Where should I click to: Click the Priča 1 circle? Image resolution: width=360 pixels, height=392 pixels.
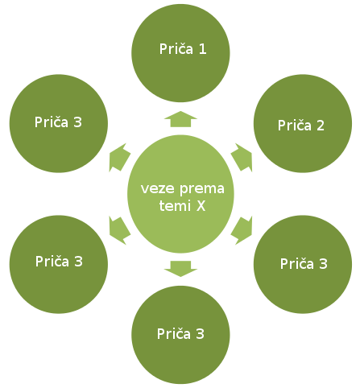pos(180,53)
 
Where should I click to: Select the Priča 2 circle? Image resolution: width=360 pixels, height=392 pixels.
pos(303,123)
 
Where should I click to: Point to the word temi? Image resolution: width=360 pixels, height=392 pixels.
pos(175,206)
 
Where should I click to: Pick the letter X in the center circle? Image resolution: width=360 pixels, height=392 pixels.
pos(201,206)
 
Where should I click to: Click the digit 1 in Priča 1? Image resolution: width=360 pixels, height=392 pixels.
pos(203,49)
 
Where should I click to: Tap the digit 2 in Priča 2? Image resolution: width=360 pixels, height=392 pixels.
pos(321,126)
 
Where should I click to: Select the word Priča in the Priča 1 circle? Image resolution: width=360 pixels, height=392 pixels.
pos(176,49)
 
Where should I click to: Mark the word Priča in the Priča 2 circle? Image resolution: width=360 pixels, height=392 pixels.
pos(295,126)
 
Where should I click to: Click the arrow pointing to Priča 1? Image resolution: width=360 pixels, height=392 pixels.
pos(180,119)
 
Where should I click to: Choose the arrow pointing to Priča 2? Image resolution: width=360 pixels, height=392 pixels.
pos(242,158)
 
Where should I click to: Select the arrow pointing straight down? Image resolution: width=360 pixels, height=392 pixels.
pos(180,269)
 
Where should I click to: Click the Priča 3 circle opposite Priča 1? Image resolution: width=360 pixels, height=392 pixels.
pos(180,335)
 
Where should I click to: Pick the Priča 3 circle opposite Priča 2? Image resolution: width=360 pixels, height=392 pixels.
pos(59,264)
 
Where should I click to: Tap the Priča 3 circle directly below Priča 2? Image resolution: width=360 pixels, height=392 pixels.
pos(303,264)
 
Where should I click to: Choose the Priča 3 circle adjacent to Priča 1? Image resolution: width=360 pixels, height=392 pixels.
pos(59,123)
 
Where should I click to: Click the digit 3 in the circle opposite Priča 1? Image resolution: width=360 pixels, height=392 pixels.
pos(200,334)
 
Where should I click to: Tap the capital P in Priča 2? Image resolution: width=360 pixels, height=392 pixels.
pos(282,126)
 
